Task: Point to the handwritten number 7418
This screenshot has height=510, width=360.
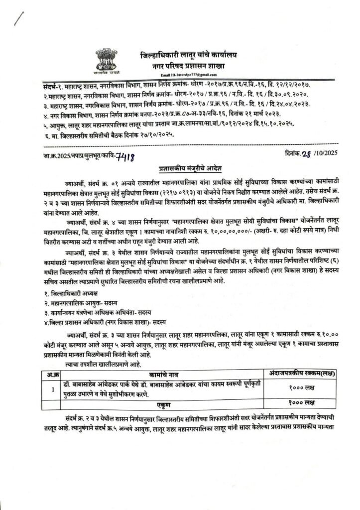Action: (124, 157)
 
